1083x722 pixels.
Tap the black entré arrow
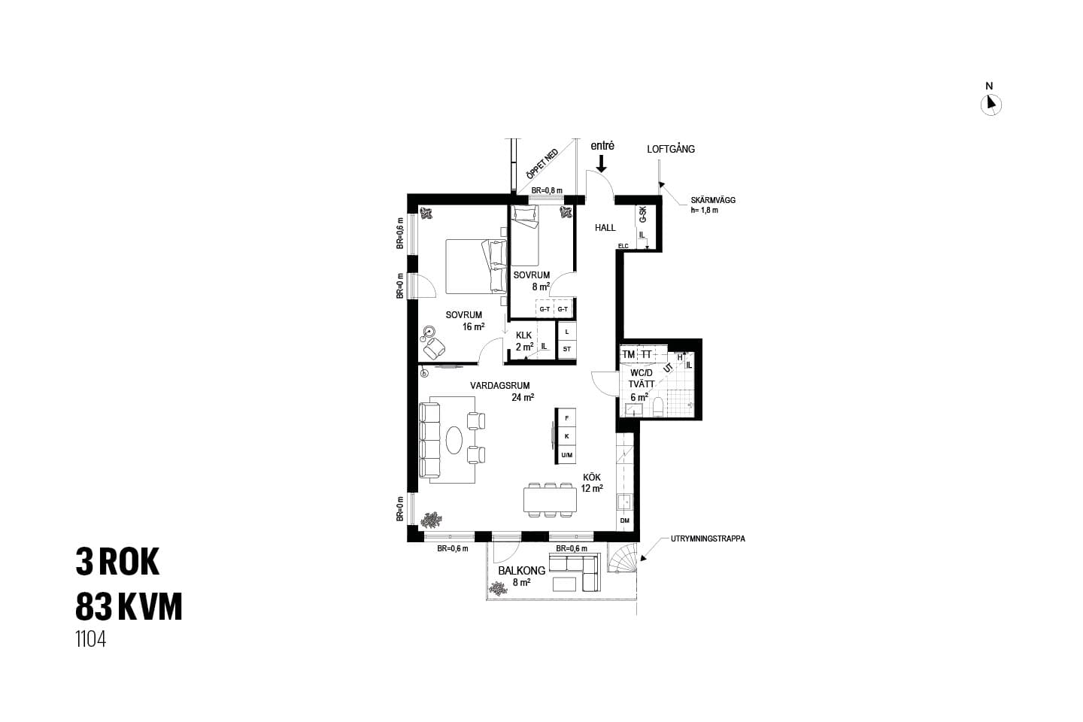(x=601, y=163)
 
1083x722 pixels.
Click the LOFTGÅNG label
(x=671, y=149)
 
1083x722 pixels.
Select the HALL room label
(x=605, y=227)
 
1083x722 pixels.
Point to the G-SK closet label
(x=642, y=214)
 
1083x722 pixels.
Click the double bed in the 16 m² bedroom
(x=476, y=266)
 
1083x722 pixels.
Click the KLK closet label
(x=523, y=335)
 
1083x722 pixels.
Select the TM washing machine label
(x=628, y=354)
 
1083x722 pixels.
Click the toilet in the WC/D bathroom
(x=658, y=407)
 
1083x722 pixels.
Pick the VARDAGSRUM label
(x=500, y=385)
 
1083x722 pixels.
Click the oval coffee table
(x=454, y=439)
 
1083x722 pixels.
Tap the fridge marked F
(x=566, y=418)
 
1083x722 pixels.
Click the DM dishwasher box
(x=625, y=521)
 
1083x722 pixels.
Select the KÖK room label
(x=591, y=478)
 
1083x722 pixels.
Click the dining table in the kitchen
(x=550, y=499)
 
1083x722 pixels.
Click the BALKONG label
(x=522, y=571)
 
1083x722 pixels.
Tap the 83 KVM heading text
(x=129, y=606)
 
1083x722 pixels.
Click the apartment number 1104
(x=90, y=639)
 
